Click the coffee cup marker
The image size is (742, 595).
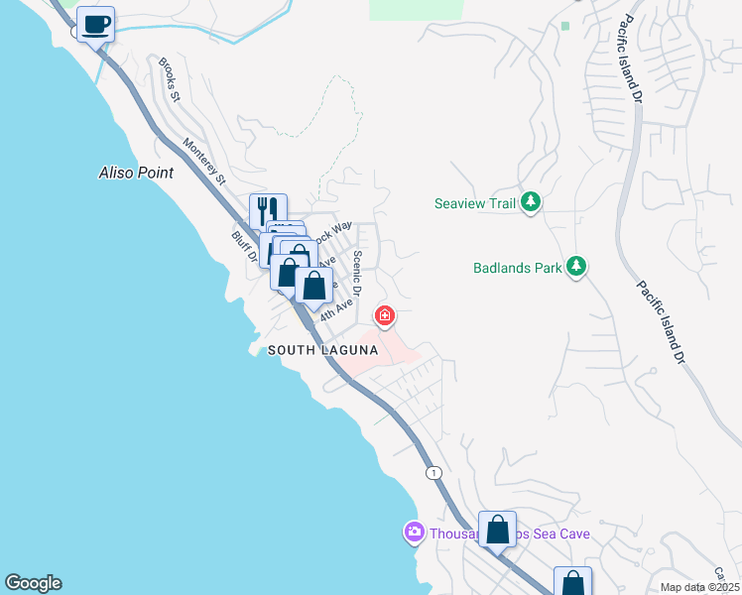point(96,25)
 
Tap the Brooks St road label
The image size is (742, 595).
point(170,80)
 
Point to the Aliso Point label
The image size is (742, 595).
point(136,173)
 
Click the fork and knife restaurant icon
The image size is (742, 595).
point(268,211)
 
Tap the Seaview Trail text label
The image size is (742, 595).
point(476,203)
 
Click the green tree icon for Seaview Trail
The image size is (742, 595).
point(532,203)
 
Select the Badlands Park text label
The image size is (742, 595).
point(515,267)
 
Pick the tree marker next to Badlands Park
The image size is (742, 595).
point(576,267)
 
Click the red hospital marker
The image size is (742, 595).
point(384,317)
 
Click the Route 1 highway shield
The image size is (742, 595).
point(433,473)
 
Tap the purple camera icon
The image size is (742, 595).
point(414,534)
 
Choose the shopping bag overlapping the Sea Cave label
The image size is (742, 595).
point(497,529)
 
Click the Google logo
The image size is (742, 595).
point(33,583)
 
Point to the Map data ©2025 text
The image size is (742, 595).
point(698,587)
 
